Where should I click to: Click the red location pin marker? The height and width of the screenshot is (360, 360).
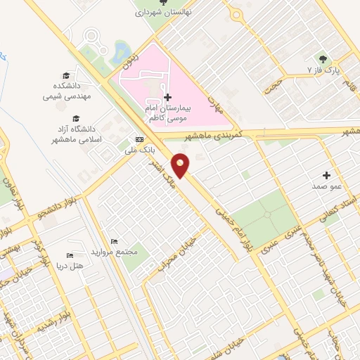tap(181, 165)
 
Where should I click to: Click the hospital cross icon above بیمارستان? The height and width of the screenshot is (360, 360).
tap(167, 97)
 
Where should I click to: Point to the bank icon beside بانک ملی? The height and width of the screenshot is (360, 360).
tap(139, 139)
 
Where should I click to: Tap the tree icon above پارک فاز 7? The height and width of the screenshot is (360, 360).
tap(323, 58)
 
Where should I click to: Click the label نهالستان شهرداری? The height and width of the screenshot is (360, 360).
tap(163, 12)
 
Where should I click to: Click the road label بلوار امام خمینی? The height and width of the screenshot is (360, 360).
tap(232, 224)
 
